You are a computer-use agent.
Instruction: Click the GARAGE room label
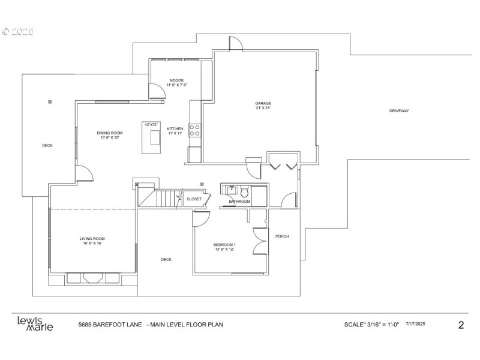263,103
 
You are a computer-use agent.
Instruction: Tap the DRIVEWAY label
399,111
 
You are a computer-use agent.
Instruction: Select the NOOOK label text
176,80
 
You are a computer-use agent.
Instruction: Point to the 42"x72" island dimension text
151,124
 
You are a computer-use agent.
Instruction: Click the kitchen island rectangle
151,140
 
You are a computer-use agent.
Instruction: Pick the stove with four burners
195,130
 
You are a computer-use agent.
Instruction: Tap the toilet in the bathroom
245,193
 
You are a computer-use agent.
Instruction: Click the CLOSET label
194,199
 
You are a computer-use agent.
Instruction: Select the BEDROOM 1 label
225,245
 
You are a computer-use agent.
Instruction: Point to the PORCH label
282,236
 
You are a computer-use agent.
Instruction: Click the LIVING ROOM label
92,239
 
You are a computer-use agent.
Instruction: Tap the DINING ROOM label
110,133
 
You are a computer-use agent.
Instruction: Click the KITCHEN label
175,129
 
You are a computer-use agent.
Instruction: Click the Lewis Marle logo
35,323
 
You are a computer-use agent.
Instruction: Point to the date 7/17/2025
416,324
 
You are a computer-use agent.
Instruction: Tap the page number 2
461,325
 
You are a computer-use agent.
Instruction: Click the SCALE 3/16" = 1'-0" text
371,325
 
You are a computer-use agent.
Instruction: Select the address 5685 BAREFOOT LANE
110,325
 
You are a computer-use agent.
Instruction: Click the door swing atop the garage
235,44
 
